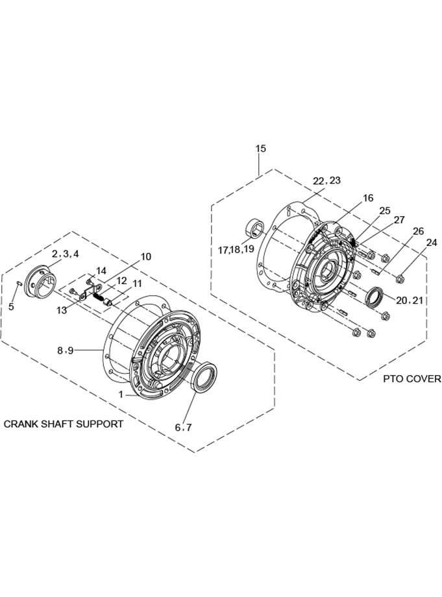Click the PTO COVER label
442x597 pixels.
(x=412, y=379)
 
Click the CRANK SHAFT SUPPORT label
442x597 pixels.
(x=64, y=424)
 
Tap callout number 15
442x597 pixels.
(x=261, y=149)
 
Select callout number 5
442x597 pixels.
(x=11, y=306)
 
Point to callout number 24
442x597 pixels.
(x=432, y=242)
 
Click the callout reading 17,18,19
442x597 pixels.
(x=236, y=250)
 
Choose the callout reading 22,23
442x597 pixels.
(x=326, y=180)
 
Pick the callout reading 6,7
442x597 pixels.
(x=183, y=428)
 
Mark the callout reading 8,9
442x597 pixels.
(x=65, y=350)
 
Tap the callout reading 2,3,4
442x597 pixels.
(x=66, y=254)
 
